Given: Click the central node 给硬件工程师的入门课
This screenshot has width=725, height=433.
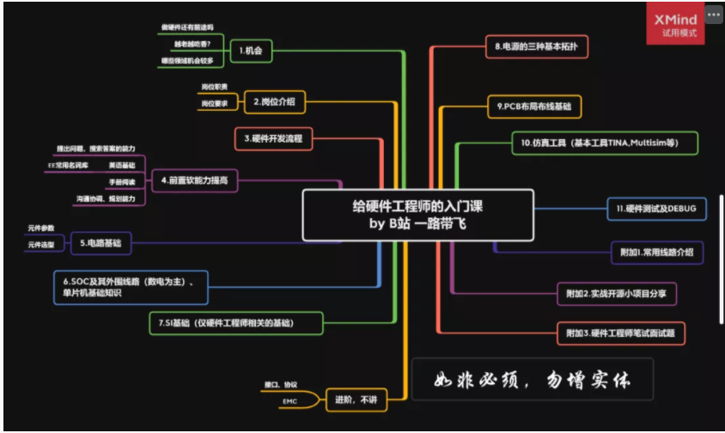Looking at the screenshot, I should point(417,215).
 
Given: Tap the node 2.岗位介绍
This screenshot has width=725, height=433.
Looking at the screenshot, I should point(274,101).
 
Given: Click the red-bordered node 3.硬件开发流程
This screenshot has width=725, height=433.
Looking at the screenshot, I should point(273,137).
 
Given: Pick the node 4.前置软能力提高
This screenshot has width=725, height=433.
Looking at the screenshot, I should point(198,180).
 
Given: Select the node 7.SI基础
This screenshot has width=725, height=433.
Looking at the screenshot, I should point(236,323).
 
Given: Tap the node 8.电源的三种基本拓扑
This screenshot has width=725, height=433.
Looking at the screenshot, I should point(537,46).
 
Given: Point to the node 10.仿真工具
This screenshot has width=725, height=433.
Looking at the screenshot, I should point(606,143).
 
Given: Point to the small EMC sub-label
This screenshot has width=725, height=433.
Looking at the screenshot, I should point(289,401).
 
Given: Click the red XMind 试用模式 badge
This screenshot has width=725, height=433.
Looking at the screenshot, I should point(674,24).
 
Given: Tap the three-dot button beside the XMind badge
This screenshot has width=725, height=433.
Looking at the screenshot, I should point(714,15).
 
